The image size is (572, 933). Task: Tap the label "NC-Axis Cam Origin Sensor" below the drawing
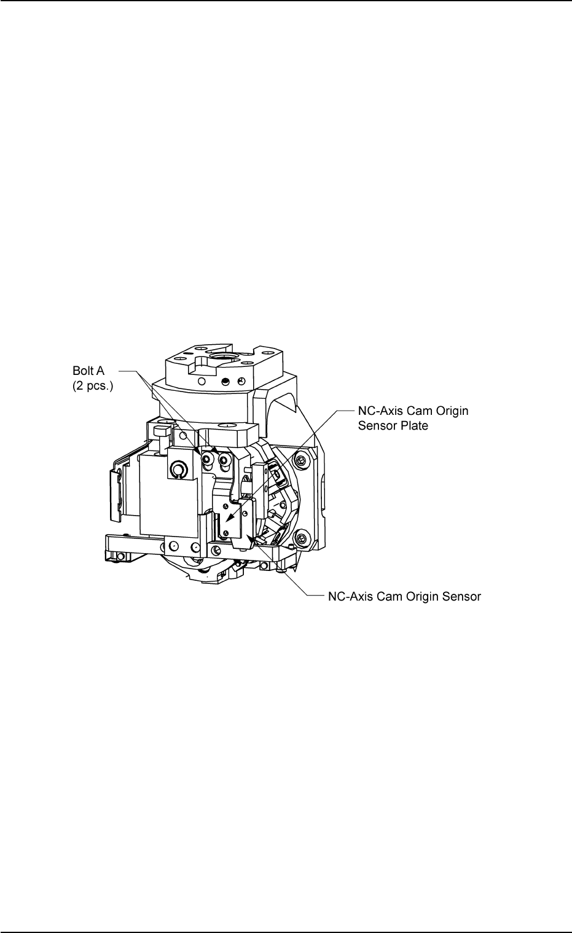[x=402, y=596]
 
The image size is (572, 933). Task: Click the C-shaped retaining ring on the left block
[x=178, y=471]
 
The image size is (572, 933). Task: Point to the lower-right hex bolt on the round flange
[x=302, y=538]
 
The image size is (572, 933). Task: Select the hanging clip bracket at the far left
[x=115, y=487]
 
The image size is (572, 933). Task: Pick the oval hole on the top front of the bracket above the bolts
[x=227, y=424]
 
